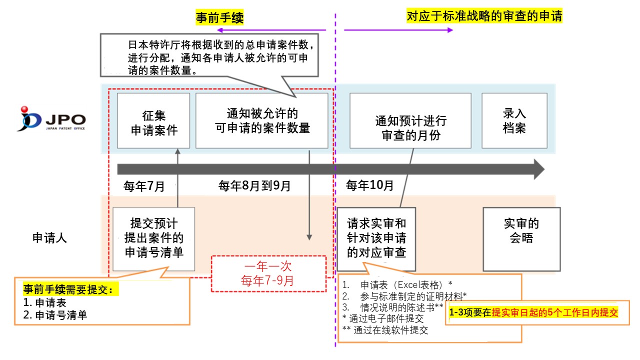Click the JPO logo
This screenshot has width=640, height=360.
(51, 119)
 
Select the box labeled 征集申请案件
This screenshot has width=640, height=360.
(153, 120)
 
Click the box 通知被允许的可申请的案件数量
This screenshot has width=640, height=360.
(262, 120)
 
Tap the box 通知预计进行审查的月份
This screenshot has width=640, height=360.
(410, 120)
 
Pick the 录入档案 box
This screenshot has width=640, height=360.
(514, 120)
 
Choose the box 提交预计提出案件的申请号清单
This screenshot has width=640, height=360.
(153, 239)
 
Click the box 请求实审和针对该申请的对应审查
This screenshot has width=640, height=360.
(376, 239)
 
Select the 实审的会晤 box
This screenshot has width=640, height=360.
(521, 239)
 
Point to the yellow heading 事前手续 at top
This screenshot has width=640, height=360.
(219, 17)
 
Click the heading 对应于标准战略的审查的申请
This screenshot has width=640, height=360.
(484, 15)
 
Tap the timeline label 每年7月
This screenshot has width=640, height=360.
(144, 186)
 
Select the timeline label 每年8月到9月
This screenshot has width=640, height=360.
(254, 185)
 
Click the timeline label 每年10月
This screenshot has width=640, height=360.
(369, 185)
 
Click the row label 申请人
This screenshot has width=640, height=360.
(49, 237)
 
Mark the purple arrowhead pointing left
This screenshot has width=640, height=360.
(220, 30)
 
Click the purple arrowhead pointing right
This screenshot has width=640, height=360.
(450, 30)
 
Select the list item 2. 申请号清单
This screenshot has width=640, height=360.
(55, 315)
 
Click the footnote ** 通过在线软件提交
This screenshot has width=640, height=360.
(385, 330)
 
